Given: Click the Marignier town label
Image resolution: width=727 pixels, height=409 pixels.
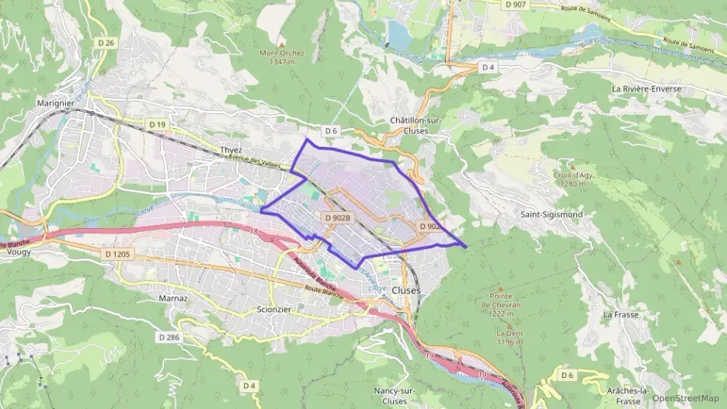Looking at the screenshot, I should click(55, 102).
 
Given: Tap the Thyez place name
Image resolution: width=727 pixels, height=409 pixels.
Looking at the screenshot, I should click(231, 150).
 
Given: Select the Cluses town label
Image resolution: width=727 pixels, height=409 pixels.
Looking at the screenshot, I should click(407, 289).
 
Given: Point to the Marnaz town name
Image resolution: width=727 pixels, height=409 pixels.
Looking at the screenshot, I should click(173, 298).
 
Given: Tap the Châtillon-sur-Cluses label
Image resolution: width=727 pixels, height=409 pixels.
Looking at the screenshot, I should click(415, 126).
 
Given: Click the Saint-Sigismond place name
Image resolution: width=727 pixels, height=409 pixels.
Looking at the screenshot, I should click(551, 213).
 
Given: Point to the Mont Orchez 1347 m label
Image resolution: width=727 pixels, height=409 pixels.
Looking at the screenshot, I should click(282, 57).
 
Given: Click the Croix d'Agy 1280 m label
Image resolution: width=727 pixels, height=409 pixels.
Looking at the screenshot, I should click(574, 179).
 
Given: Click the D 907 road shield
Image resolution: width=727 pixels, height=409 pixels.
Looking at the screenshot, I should click(515, 5).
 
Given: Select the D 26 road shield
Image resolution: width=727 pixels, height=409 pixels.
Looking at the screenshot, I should click(108, 43).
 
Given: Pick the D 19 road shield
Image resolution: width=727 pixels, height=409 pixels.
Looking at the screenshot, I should click(158, 124).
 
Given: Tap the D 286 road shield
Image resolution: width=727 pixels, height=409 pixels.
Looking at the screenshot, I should click(169, 338).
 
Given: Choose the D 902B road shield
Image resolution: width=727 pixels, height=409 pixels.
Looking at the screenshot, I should click(338, 218).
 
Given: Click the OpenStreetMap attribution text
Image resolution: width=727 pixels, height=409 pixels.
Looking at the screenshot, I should click(686, 399).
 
